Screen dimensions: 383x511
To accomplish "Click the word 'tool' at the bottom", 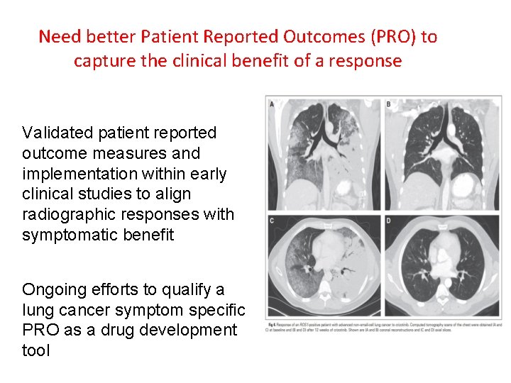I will pyautogui.click(x=36, y=350).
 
